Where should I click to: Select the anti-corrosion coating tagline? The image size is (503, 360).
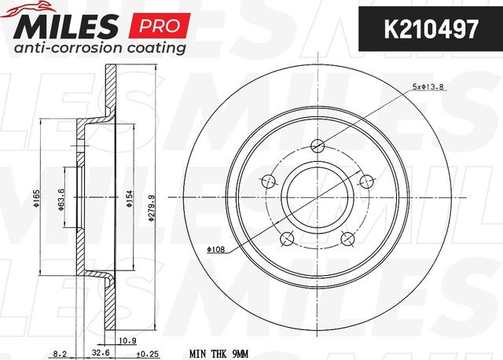[97, 48]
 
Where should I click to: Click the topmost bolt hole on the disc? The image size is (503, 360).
[318, 145]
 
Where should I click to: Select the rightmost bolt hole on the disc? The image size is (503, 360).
[365, 180]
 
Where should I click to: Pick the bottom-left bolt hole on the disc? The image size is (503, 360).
[288, 237]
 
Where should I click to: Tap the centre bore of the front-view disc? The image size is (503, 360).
[318, 195]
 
